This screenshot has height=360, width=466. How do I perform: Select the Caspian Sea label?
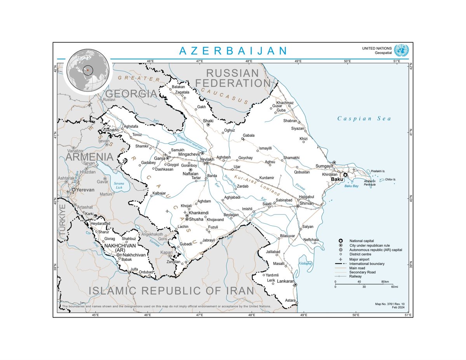pyautogui.click(x=364, y=118)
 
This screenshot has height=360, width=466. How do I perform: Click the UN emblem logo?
pyautogui.click(x=401, y=50)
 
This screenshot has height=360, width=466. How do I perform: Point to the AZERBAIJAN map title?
pyautogui.click(x=233, y=51)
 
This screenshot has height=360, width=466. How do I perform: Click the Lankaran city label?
pyautogui.click(x=285, y=281)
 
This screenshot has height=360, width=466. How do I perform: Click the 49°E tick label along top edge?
pyautogui.click(x=298, y=61)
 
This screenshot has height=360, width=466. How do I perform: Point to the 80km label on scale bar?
pyautogui.click(x=385, y=282)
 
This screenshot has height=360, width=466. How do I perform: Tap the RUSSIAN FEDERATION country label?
pyautogui.click(x=232, y=78)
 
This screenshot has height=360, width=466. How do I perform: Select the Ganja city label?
pyautogui.click(x=160, y=158)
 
